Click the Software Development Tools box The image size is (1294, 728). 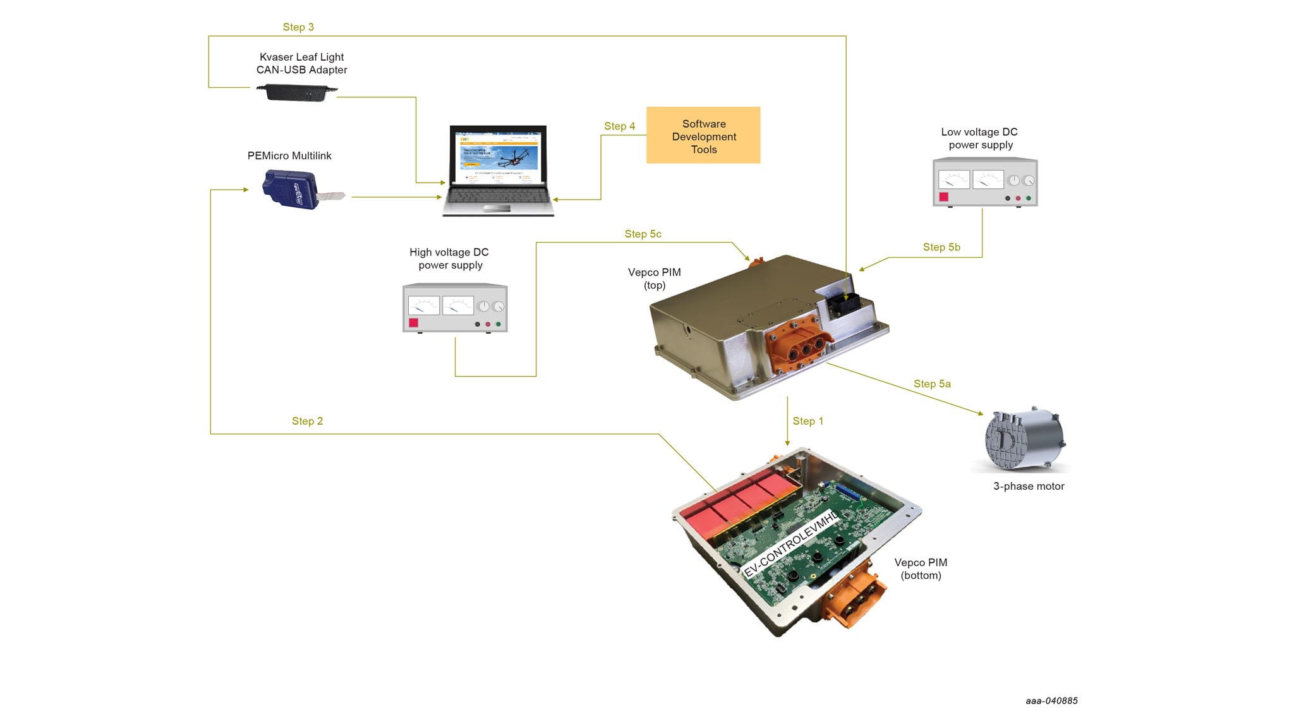703,135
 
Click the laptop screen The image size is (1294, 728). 498,155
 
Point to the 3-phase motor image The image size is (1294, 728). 1024,440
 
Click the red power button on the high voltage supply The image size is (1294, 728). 413,323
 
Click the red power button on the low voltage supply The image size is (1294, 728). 943,197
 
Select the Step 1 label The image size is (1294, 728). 807,421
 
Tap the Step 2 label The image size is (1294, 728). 307,421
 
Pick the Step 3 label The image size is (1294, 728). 298,27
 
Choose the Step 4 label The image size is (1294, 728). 619,126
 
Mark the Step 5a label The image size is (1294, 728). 932,384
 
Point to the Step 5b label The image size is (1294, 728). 941,247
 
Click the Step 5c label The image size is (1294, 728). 643,234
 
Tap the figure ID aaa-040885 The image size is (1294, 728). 1051,700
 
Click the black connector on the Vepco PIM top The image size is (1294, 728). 844,304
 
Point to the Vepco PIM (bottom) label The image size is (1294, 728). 921,569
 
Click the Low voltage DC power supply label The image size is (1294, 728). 979,138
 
